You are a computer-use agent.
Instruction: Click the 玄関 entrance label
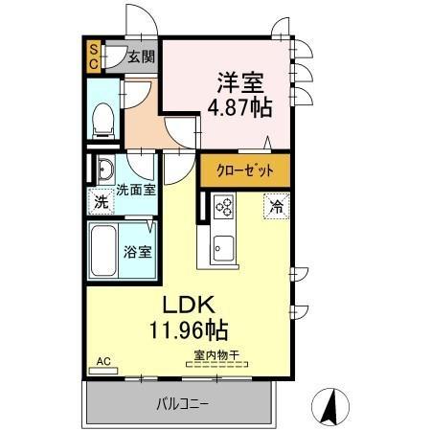pos(142,57)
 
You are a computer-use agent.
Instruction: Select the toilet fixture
pos(104,118)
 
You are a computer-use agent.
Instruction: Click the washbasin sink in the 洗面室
pos(104,171)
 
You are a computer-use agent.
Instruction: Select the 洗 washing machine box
pos(101,202)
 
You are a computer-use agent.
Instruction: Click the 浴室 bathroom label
pos(137,253)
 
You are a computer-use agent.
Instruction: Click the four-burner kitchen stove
pos(224,206)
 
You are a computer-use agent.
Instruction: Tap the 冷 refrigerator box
pos(276,205)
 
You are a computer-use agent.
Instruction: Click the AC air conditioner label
pos(103,362)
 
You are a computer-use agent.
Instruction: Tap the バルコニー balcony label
pos(182,403)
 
